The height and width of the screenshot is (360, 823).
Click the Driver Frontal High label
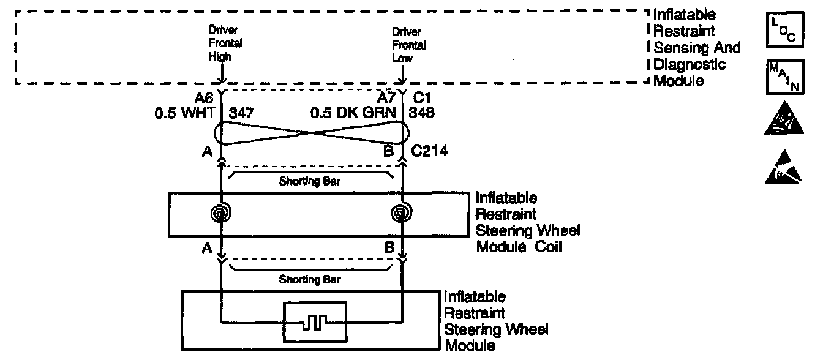tap(225, 43)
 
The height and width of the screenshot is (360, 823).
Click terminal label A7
tap(387, 99)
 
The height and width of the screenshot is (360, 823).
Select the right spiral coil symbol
tap(402, 214)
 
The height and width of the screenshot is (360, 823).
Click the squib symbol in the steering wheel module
tap(314, 320)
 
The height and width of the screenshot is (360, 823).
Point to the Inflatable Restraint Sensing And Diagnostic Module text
tap(697, 47)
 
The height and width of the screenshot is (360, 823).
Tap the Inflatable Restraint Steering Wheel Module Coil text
tap(527, 222)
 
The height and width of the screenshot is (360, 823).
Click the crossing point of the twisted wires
tap(310, 132)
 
